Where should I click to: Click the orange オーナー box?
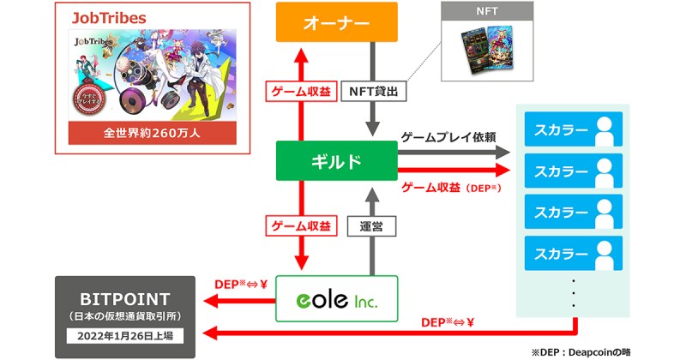(336, 23)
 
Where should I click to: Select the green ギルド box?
(336, 161)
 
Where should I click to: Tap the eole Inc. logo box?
(337, 299)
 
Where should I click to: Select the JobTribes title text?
(108, 17)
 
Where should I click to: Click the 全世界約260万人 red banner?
(151, 133)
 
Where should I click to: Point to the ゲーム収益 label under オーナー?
(300, 89)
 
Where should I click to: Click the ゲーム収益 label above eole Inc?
(300, 226)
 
